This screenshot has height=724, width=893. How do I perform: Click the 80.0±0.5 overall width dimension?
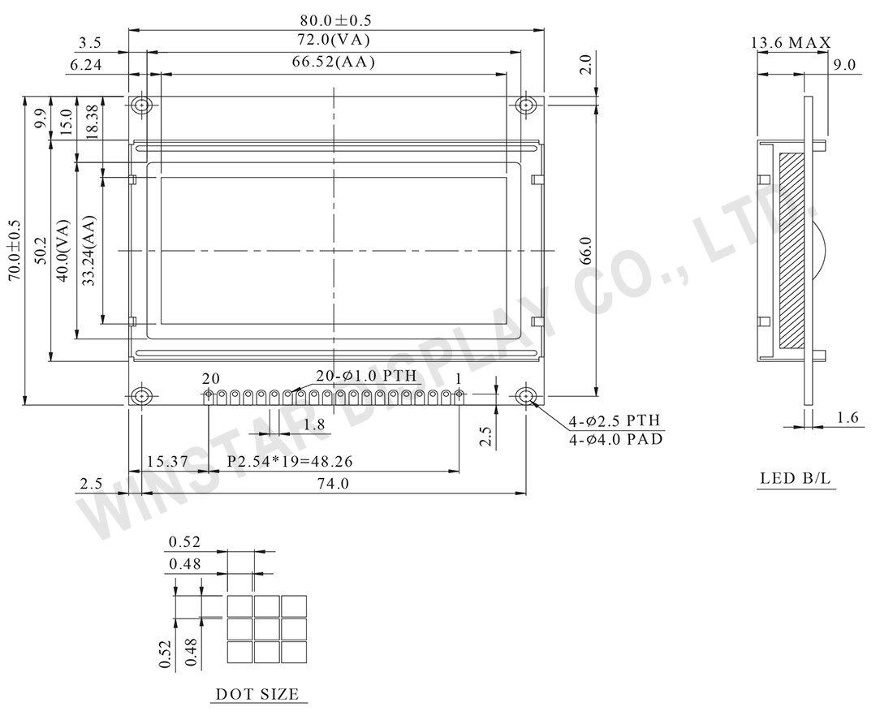click(x=335, y=20)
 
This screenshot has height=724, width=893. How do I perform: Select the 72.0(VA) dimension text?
click(x=335, y=40)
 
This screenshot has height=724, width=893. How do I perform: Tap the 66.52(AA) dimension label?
click(x=334, y=62)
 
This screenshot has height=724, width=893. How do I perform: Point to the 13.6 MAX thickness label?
click(x=791, y=43)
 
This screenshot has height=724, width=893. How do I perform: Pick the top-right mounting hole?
click(x=526, y=106)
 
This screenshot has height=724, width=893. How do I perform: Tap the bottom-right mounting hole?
click(x=526, y=396)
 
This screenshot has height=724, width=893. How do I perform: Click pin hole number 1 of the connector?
click(x=459, y=394)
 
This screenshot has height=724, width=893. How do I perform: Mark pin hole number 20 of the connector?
click(x=209, y=394)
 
